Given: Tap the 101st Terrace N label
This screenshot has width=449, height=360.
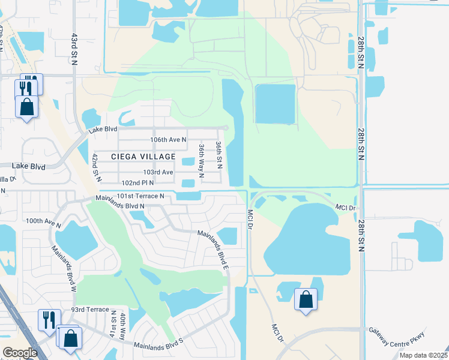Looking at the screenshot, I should (x=140, y=196).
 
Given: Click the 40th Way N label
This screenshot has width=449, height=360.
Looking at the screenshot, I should (x=122, y=326).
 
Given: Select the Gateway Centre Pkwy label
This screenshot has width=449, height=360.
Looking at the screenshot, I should (x=397, y=338).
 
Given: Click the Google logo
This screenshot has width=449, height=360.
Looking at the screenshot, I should (x=20, y=353).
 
